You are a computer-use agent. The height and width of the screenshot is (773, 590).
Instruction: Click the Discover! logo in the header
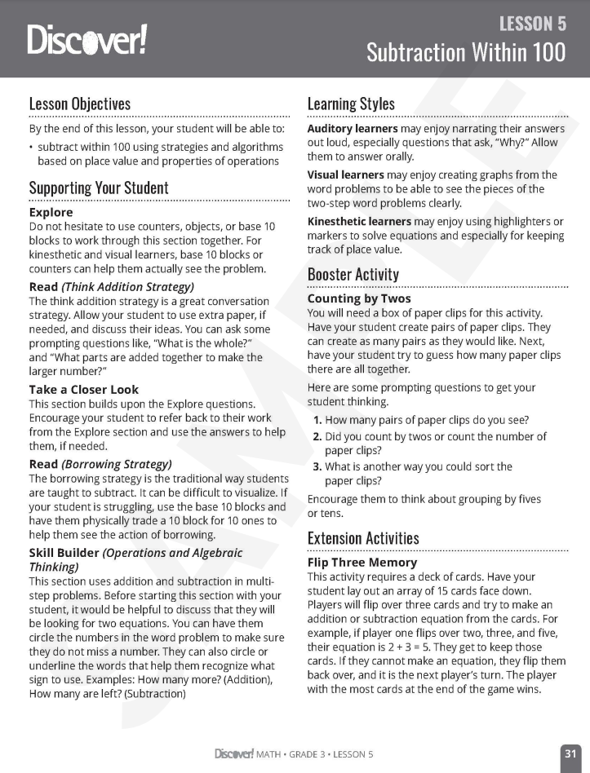point(87,39)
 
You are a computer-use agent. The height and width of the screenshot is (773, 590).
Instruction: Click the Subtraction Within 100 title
point(465,53)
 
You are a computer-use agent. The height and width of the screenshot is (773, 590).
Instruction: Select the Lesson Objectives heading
point(80,104)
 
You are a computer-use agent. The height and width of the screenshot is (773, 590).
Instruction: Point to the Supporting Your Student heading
point(99,188)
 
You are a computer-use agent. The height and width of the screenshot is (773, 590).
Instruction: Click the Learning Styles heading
point(351,104)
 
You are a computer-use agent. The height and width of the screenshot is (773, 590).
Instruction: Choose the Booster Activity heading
point(353,274)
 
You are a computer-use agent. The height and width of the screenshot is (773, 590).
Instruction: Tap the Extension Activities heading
point(363,538)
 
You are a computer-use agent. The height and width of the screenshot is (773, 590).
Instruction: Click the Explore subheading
point(51,212)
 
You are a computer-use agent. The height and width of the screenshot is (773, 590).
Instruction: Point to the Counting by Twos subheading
point(359,299)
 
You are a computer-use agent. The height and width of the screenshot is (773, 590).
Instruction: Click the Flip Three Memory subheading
point(362,563)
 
